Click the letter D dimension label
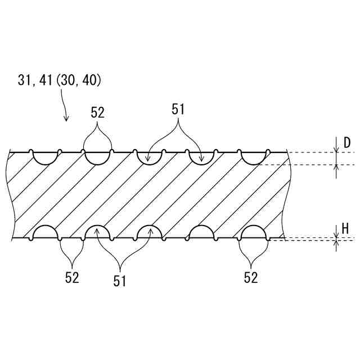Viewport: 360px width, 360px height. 347,143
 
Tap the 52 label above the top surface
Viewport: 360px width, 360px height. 98,112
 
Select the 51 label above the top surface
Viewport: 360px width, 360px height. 178,109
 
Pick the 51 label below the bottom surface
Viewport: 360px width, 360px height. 120,281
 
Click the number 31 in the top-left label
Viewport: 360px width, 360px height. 24,80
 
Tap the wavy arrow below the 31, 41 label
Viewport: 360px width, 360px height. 64,107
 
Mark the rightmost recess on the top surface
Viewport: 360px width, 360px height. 253,157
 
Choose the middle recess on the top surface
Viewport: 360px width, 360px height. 150,157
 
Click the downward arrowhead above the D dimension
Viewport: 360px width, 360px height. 336,150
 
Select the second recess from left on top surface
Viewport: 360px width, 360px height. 98,157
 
